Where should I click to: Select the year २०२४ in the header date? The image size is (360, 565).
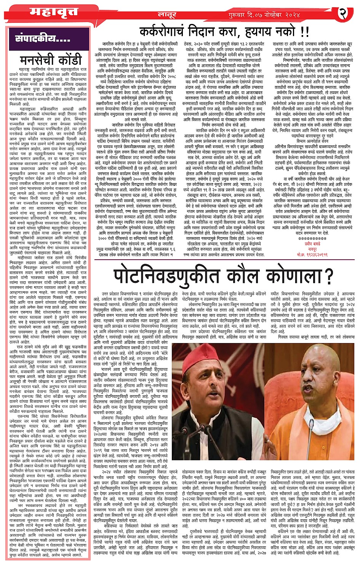pyautogui.click(x=287, y=15)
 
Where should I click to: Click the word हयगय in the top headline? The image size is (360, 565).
pyautogui.click(x=249, y=30)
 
